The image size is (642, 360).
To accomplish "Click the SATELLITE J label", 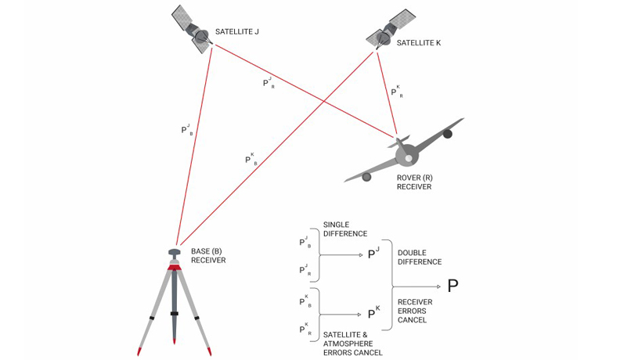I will click(x=236, y=32).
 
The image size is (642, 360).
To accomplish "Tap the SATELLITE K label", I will click(x=419, y=43).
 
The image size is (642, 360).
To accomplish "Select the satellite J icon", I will click(x=194, y=29).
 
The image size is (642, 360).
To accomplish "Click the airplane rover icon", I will click(x=405, y=155).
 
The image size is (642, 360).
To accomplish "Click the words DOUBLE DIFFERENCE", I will click(x=420, y=257).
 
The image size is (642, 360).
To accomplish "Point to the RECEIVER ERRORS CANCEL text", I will click(x=415, y=311).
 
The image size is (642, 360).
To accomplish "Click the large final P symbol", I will click(x=453, y=286).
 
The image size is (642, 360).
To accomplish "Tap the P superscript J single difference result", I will click(x=373, y=254).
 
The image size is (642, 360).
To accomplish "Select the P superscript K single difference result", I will click(x=373, y=313).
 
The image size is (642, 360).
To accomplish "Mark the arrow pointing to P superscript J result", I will click(x=344, y=255).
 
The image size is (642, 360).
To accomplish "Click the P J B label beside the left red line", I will click(x=186, y=129).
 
